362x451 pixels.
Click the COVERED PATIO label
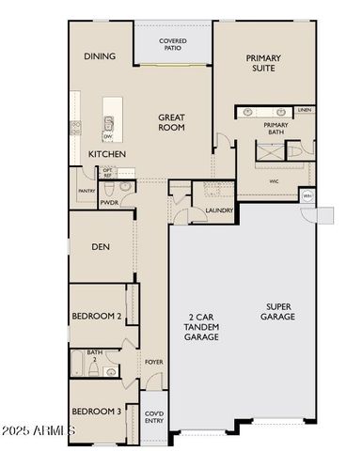coord(172,45)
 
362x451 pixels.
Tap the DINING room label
coord(100,56)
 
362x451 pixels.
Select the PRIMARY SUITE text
coord(263,63)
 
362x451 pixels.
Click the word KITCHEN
coord(107,153)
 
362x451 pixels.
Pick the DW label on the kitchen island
coord(109,136)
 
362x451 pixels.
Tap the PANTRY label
coord(86,191)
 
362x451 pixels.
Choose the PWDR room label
coord(109,201)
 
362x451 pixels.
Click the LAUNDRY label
coord(218,210)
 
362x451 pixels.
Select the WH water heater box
coord(307,196)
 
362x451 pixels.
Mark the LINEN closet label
coord(304,111)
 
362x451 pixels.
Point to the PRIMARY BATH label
coord(275,130)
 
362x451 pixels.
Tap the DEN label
coord(102,248)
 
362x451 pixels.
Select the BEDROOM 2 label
coord(98,317)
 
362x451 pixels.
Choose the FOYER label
coord(153,362)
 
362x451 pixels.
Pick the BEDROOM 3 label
coord(98,412)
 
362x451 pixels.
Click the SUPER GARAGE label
coord(280,312)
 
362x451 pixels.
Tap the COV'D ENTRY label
coord(153,416)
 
